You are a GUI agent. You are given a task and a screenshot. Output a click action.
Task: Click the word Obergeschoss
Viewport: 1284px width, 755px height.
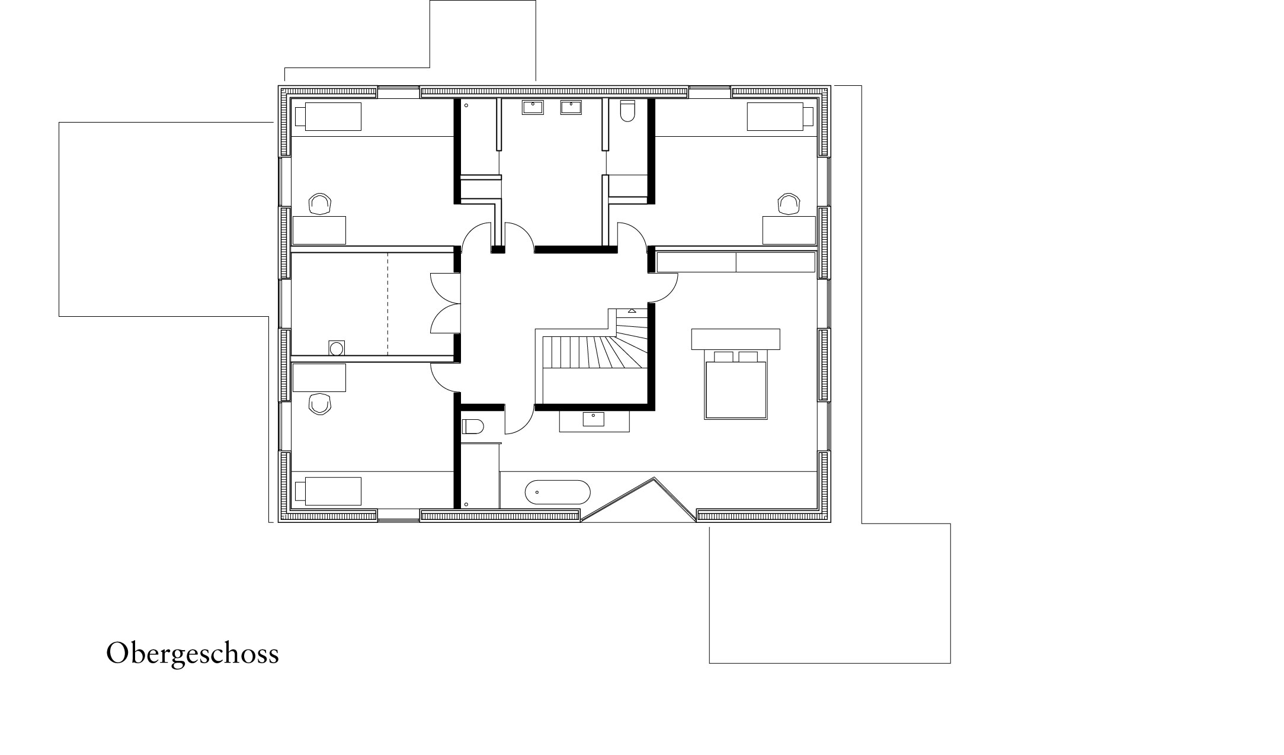[192, 654]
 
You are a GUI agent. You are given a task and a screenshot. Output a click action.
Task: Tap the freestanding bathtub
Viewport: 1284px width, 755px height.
[558, 492]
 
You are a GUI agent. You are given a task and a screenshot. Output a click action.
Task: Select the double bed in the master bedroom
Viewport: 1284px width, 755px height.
[735, 386]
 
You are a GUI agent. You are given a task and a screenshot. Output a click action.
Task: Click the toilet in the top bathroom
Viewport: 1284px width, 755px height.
[626, 111]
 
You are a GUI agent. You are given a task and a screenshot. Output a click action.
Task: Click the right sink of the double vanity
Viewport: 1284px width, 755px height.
[571, 108]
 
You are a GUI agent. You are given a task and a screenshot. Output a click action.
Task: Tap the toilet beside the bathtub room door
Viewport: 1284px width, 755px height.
[472, 426]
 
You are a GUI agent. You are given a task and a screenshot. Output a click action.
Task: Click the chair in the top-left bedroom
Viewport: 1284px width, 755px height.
[320, 204]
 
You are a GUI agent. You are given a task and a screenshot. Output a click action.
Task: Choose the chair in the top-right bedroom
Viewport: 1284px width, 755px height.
[789, 204]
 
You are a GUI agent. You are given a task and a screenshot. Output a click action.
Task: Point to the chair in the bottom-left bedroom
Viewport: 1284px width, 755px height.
[320, 404]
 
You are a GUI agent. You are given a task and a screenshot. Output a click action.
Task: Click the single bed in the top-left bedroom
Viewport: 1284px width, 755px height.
[328, 117]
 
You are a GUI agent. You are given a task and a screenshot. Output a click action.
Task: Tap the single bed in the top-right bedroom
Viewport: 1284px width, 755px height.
[780, 117]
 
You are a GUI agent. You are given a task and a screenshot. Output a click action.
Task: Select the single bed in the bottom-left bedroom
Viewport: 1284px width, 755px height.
[328, 491]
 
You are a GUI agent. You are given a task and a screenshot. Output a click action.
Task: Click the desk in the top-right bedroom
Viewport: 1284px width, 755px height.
[789, 230]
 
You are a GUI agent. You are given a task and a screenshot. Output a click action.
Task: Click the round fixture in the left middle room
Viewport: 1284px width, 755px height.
[337, 348]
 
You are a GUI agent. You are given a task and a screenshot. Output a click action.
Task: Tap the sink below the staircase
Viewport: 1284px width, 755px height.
[593, 419]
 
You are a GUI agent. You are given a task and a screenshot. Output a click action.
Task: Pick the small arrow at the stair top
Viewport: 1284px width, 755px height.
[632, 311]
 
